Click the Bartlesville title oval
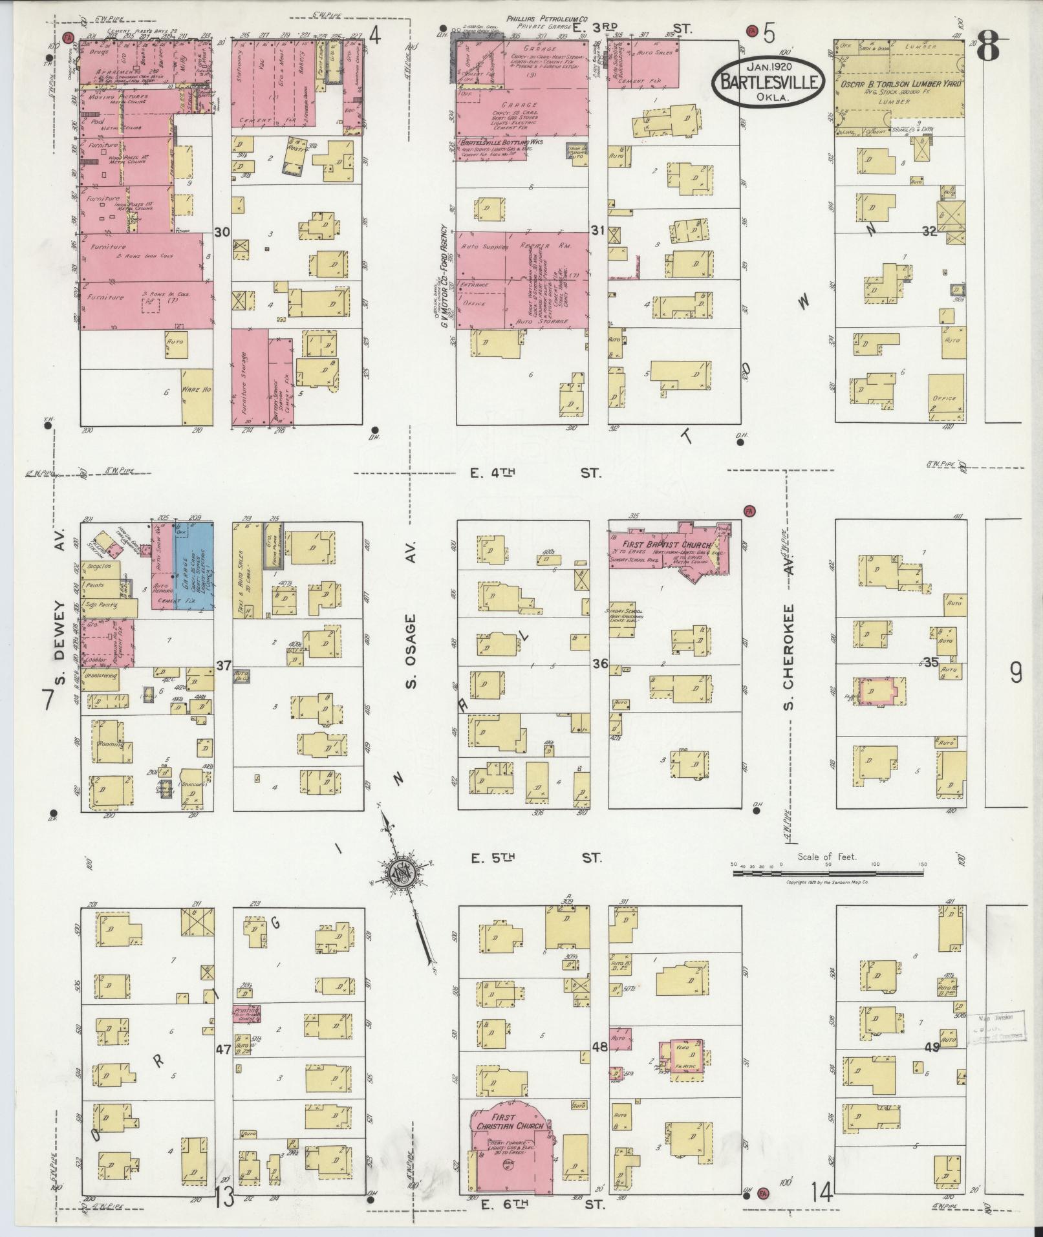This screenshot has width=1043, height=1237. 768,81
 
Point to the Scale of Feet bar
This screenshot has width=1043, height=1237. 828,873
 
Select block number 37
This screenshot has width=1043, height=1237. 223,665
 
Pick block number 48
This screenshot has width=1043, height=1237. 599,1046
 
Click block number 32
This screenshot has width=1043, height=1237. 929,231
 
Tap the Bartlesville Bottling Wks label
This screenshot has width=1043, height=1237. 501,142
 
